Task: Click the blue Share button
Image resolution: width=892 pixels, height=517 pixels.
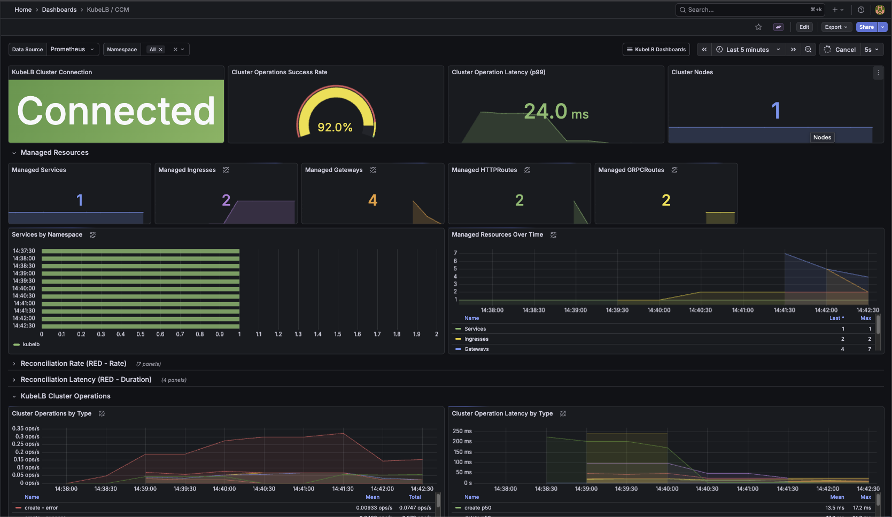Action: coord(866,27)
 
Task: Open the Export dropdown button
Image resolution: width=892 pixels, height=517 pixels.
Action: coord(836,27)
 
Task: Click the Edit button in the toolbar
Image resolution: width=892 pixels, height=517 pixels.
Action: coord(804,27)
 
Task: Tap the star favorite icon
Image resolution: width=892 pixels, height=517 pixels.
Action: coord(758,27)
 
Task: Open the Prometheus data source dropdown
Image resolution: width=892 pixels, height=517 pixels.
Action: coord(72,49)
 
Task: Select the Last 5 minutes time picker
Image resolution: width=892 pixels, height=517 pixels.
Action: coord(747,50)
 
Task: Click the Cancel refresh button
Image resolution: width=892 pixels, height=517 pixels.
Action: coord(840,50)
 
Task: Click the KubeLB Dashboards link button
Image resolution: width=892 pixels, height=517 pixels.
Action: coord(656,50)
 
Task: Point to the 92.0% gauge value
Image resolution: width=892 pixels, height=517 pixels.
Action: coord(335,127)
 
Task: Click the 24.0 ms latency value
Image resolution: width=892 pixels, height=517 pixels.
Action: coord(556,112)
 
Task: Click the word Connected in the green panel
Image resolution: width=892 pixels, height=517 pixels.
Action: coord(116,111)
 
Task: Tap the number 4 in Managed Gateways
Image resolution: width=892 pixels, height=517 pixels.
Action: coord(373,200)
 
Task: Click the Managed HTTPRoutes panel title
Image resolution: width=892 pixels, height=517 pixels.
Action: coord(484,170)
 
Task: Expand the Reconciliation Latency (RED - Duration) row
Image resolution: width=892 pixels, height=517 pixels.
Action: coord(86,380)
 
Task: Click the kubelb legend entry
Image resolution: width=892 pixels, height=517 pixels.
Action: coord(31,344)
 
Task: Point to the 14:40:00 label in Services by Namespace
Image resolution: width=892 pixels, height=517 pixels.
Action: coord(24,288)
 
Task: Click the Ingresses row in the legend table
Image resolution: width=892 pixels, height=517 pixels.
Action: coord(476,339)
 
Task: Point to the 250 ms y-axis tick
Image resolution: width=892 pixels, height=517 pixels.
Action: coord(462,431)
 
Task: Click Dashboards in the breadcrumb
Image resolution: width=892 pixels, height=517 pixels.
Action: coord(59,10)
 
